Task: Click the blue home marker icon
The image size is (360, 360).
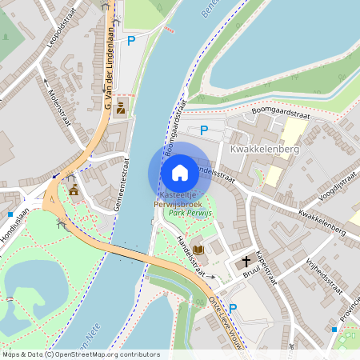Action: [x=180, y=172]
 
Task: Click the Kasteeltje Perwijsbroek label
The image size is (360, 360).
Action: [x=179, y=199]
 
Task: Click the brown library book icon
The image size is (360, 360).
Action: [x=199, y=250]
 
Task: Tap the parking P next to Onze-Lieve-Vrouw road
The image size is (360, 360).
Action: [x=233, y=308]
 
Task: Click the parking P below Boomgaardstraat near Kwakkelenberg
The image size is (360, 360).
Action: [x=204, y=130]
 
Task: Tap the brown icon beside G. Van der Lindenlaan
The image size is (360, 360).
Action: [x=121, y=108]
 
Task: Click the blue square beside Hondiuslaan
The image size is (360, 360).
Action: [x=10, y=214]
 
